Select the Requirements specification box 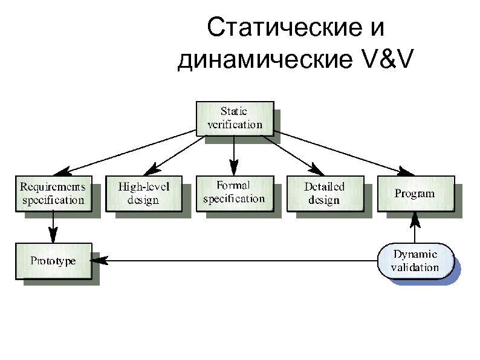point(53,193)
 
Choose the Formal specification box point(233,192)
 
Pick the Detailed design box point(324,193)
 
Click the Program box point(415,193)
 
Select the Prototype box point(53,261)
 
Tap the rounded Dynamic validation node point(415,261)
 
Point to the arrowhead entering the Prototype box point(98,261)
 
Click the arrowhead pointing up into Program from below point(415,217)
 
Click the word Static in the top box point(234,112)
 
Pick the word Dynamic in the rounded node point(415,254)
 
